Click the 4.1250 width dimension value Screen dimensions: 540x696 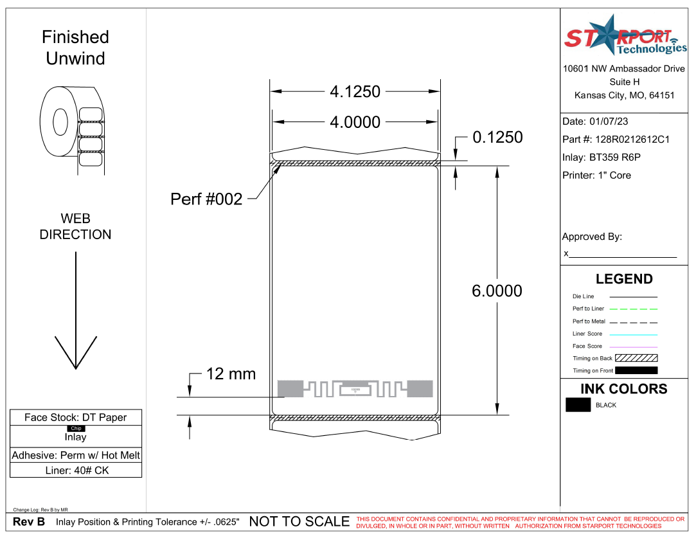tap(355, 92)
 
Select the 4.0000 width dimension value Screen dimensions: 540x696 tap(355, 122)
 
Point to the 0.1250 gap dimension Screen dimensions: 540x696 tap(497, 138)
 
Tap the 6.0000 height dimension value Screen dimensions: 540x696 tap(497, 291)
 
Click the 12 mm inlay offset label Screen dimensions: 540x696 tap(231, 374)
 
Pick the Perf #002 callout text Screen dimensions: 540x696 tap(206, 199)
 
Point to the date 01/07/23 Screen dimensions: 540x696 tap(609, 122)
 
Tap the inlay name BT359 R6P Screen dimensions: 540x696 tap(614, 157)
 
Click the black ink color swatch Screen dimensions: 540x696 tap(578, 405)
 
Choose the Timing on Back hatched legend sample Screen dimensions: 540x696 tap(636, 358)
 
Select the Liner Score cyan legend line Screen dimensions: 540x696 tap(634, 334)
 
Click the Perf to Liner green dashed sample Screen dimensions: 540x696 tap(634, 309)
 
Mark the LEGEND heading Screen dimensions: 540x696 tap(624, 279)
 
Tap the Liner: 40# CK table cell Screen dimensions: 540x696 tap(76, 471)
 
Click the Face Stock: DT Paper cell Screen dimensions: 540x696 tap(76, 418)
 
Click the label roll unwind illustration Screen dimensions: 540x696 tap(72, 129)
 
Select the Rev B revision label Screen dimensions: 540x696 tap(29, 522)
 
